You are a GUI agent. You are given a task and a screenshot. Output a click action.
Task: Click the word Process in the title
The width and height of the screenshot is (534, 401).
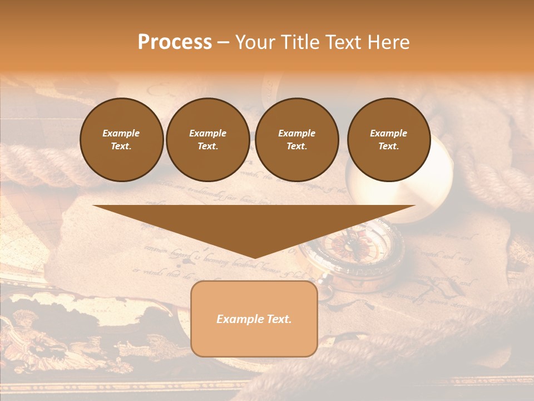tap(175, 42)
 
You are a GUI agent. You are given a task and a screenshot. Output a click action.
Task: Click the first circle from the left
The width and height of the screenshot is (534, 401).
tap(121, 140)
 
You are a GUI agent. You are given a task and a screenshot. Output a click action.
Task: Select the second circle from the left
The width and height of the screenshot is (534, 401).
tap(207, 140)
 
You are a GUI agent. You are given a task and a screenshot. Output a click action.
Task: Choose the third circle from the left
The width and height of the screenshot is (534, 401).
tap(296, 140)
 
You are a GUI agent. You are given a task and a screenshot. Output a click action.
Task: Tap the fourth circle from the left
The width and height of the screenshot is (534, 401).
tap(388, 140)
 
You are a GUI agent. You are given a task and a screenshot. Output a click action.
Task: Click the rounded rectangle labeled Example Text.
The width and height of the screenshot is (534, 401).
tap(254, 319)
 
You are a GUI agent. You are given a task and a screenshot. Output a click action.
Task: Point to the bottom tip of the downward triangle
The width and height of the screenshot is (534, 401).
tap(254, 257)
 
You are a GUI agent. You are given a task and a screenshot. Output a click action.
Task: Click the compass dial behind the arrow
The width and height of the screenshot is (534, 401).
tap(356, 248)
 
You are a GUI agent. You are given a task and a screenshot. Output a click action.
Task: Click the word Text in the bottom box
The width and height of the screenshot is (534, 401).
tap(279, 319)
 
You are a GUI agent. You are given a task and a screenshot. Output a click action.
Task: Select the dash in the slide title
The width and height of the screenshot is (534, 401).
tap(223, 43)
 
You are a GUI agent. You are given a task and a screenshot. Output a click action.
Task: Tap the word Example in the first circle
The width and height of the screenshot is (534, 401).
tap(121, 133)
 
